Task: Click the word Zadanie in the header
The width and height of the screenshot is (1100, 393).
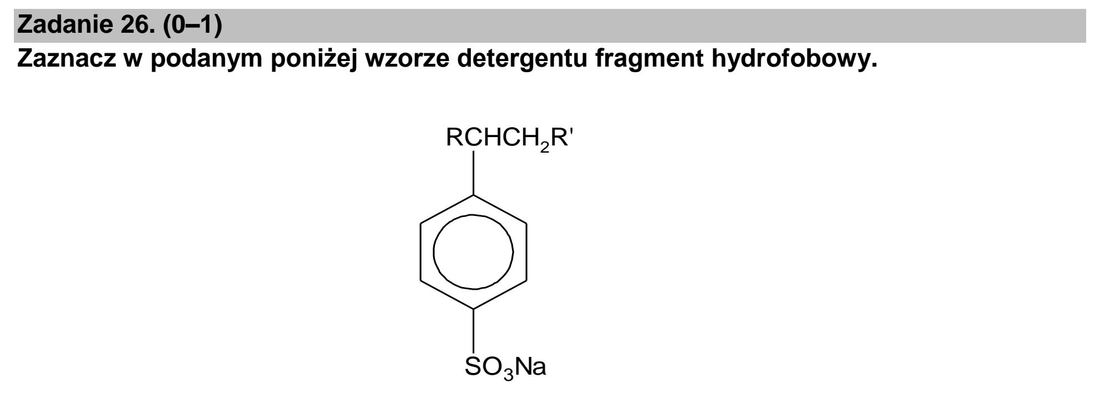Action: [x=62, y=26]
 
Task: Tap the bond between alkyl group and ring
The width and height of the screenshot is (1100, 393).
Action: [x=473, y=173]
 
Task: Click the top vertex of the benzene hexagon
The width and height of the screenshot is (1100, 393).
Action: [x=473, y=195]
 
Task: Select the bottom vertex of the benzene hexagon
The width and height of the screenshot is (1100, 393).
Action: [x=473, y=308]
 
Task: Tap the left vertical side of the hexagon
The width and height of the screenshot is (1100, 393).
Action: [x=421, y=251]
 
